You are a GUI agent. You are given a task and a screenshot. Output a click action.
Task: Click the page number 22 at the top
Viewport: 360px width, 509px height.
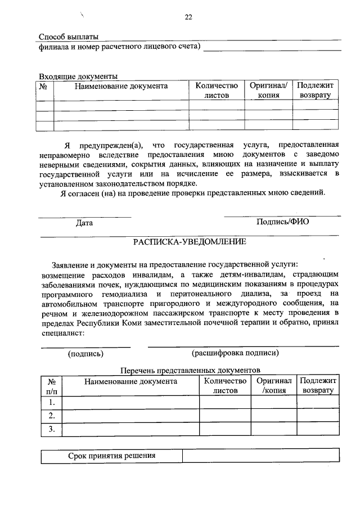(x=188, y=17)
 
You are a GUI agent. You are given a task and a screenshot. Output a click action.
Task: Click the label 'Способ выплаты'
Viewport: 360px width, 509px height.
(x=64, y=37)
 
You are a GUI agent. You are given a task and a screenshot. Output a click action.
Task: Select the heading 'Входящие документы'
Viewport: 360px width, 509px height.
(x=78, y=76)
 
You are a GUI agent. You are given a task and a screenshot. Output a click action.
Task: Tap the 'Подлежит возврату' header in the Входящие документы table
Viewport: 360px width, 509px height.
(x=315, y=91)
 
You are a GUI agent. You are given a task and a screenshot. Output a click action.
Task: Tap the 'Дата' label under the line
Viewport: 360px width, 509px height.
(x=84, y=222)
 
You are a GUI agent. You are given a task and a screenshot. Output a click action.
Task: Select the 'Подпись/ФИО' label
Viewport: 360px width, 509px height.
(x=282, y=222)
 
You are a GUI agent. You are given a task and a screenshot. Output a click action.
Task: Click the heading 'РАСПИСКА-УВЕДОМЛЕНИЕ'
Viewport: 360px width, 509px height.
(x=189, y=242)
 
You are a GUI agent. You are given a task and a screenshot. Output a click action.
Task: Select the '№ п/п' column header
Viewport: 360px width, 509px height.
(x=51, y=386)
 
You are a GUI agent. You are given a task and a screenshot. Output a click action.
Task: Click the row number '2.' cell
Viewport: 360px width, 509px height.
(x=51, y=416)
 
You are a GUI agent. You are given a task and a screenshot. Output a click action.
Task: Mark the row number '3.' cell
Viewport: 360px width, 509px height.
(x=51, y=430)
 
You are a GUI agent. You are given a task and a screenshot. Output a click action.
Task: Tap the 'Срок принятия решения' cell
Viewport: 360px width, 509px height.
(x=111, y=456)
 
